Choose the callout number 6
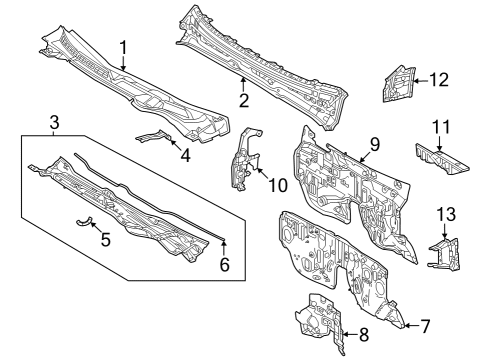224,264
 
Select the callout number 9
373,144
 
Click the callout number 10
277,183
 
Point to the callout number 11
442,127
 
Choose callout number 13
445,213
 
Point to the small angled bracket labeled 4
155,138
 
